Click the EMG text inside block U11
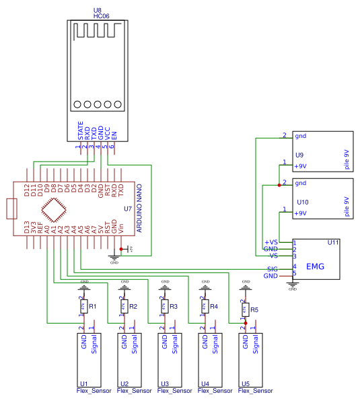coord(315,267)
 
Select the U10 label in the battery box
coord(302,202)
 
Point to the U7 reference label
coord(128,209)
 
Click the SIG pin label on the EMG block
coord(272,268)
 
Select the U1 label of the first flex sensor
coord(84,384)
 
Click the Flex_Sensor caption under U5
coord(256,391)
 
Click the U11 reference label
coord(333,242)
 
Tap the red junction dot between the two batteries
coord(279,184)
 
